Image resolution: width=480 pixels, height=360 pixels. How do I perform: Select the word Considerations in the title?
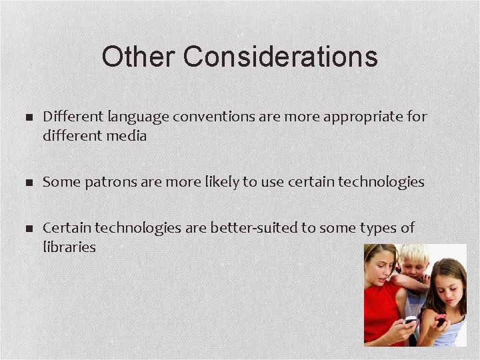pyautogui.click(x=281, y=57)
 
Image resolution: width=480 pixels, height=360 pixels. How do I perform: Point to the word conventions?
pyautogui.click(x=213, y=117)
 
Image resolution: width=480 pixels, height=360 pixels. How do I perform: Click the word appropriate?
pyautogui.click(x=364, y=117)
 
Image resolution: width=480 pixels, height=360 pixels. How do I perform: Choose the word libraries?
pyautogui.click(x=69, y=247)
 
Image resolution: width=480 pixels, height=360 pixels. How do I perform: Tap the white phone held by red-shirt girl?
pyautogui.click(x=409, y=321)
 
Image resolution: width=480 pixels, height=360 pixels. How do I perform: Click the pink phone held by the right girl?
pyautogui.click(x=441, y=319)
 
